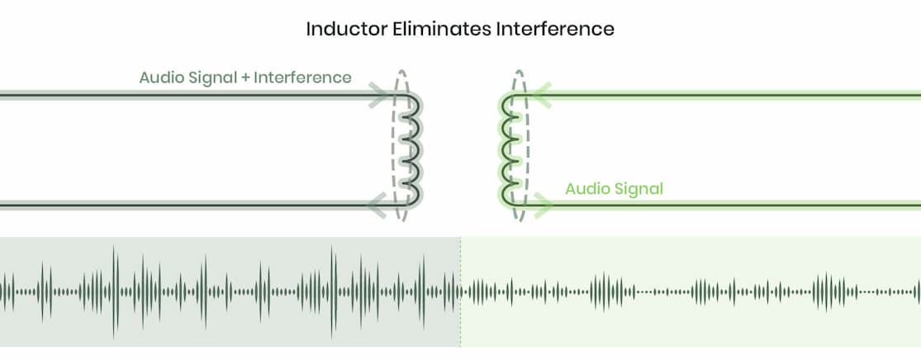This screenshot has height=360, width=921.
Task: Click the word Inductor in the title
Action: coord(344,30)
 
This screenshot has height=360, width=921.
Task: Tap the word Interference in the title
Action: coord(556,30)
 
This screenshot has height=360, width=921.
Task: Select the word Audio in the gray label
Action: coord(160,78)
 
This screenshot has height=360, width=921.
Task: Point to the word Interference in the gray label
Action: coord(302,78)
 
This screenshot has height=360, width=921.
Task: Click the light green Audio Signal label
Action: coord(614,189)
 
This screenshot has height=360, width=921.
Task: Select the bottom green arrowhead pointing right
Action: coord(543,204)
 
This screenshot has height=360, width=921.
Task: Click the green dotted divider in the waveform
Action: coord(461,322)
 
